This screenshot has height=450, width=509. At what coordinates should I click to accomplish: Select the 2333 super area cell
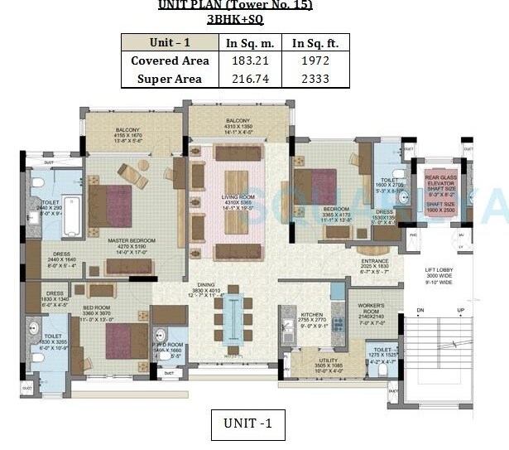pyautogui.click(x=315, y=80)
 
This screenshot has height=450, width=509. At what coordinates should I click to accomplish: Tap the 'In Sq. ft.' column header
pyautogui.click(x=315, y=43)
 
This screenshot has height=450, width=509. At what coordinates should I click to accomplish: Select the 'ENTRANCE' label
pyautogui.click(x=370, y=261)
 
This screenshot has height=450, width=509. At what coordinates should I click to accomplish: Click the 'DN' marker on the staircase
pyautogui.click(x=420, y=311)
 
